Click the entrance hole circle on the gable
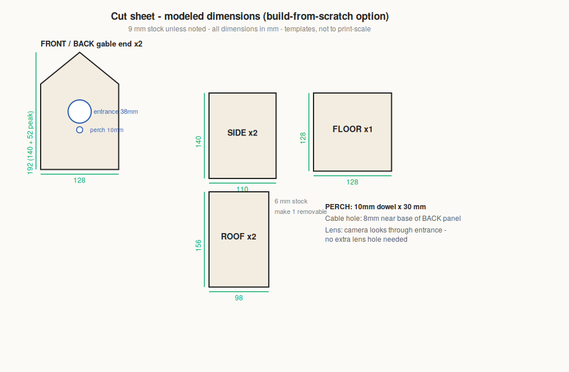tap(80, 100)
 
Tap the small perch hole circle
tap(80, 127)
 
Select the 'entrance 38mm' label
tap(116, 112)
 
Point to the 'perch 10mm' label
tap(107, 130)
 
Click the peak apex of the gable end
tap(80, 53)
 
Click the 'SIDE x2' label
tap(243, 133)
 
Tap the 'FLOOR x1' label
tap(352, 129)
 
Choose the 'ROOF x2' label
tap(239, 237)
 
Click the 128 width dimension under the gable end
tap(80, 181)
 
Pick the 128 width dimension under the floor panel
tap(352, 183)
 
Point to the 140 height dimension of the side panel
tap(199, 142)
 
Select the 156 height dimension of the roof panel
tap(199, 245)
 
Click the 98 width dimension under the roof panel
tap(239, 298)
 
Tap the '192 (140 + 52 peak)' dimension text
tap(30, 143)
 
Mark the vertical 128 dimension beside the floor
tap(303, 138)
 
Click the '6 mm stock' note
tap(291, 201)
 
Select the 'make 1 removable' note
tap(301, 212)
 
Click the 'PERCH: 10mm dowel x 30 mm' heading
tap(376, 207)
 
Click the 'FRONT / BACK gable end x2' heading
tap(92, 44)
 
